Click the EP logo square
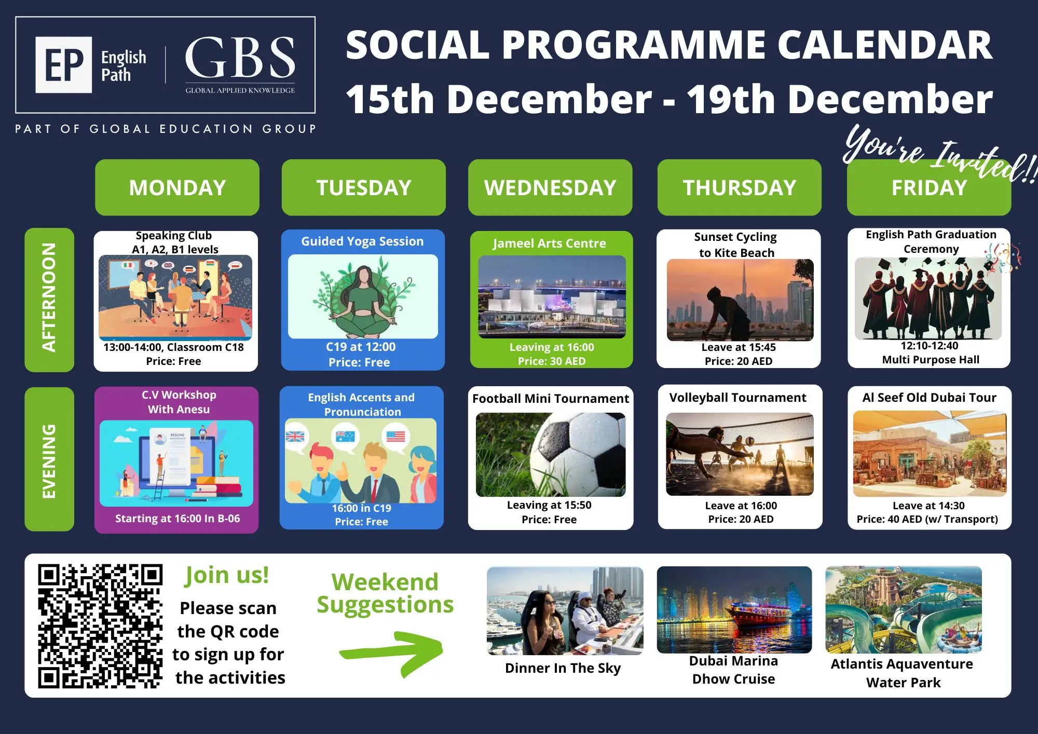64,65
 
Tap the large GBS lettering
240,58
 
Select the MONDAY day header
177,187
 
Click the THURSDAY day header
739,187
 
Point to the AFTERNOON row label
49,300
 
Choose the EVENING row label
49,459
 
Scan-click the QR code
100,626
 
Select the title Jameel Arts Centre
550,243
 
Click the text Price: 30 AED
552,361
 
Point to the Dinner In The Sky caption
563,668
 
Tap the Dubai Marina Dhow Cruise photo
734,609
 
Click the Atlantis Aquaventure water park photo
904,609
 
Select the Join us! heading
227,575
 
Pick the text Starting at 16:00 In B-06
177,519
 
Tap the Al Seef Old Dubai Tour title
930,398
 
